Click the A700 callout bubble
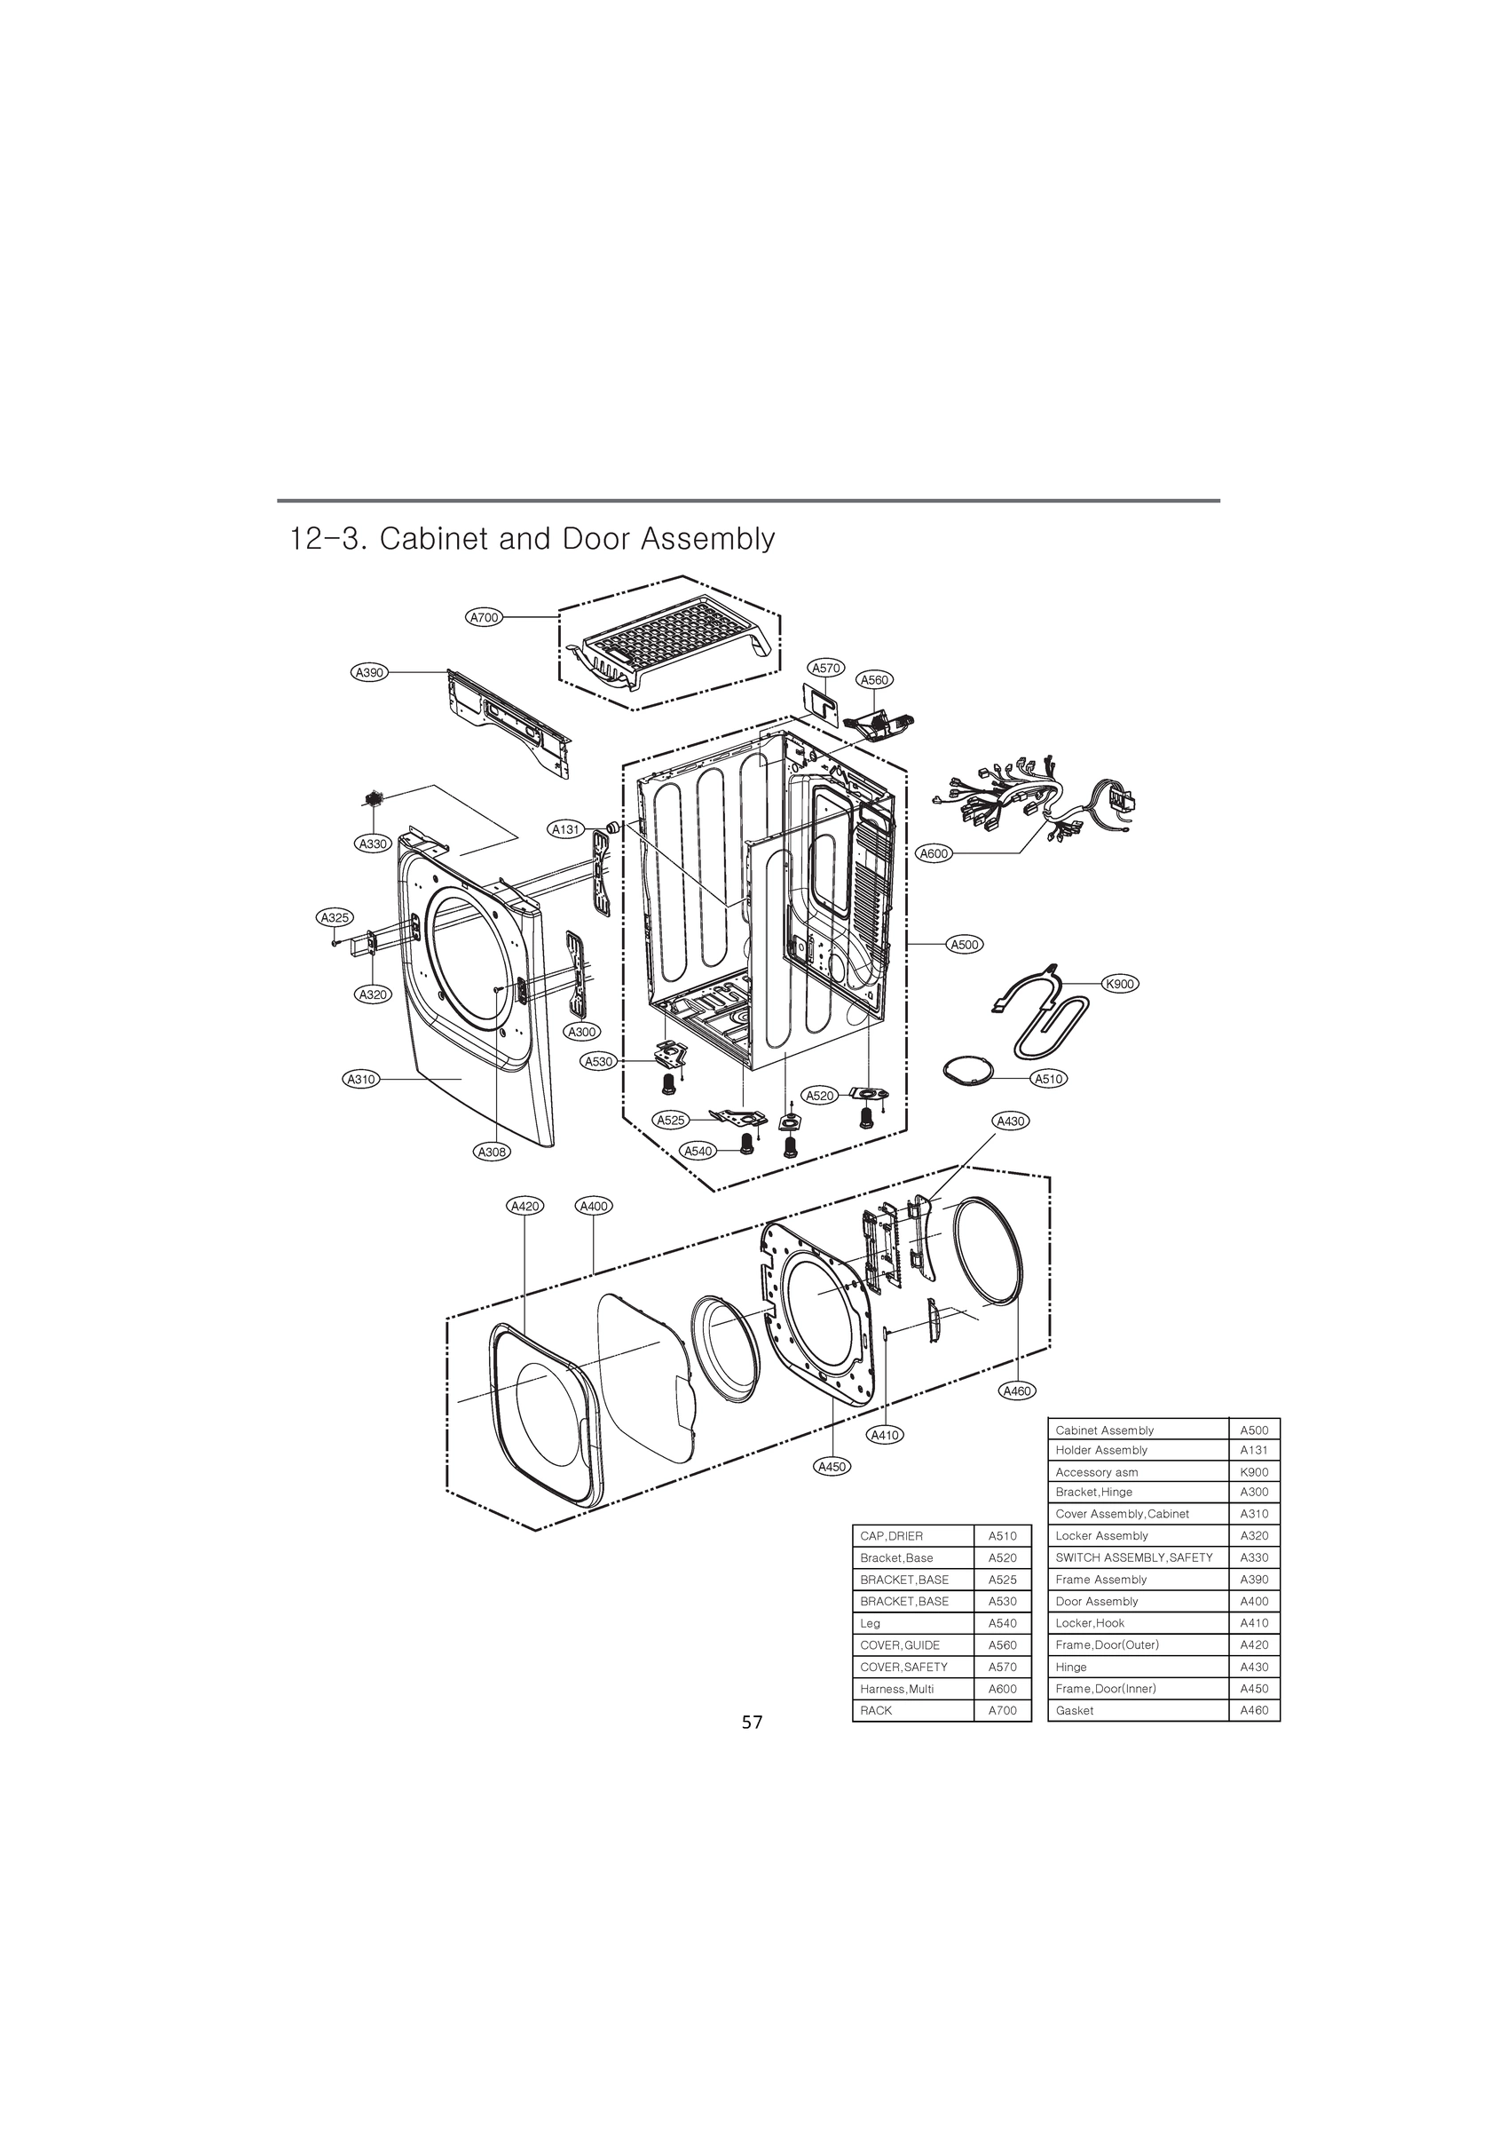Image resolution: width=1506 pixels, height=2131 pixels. click(484, 617)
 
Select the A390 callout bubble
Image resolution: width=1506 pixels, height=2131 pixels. click(369, 672)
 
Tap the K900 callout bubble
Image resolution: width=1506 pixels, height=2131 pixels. click(1120, 984)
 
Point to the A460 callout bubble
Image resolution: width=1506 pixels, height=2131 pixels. click(1017, 1390)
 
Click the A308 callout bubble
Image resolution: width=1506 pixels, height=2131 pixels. click(491, 1152)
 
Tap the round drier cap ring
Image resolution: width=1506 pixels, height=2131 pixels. click(968, 1070)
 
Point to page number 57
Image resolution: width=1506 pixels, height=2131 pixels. click(752, 1723)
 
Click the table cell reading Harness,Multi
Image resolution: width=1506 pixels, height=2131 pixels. click(913, 1689)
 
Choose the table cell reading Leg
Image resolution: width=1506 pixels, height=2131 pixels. click(913, 1623)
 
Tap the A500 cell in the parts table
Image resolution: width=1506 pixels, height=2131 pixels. click(1254, 1430)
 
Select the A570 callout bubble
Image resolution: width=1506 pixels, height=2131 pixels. click(825, 668)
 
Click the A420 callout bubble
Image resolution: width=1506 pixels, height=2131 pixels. click(525, 1206)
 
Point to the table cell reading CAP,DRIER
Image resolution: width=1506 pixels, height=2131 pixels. click(913, 1536)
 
